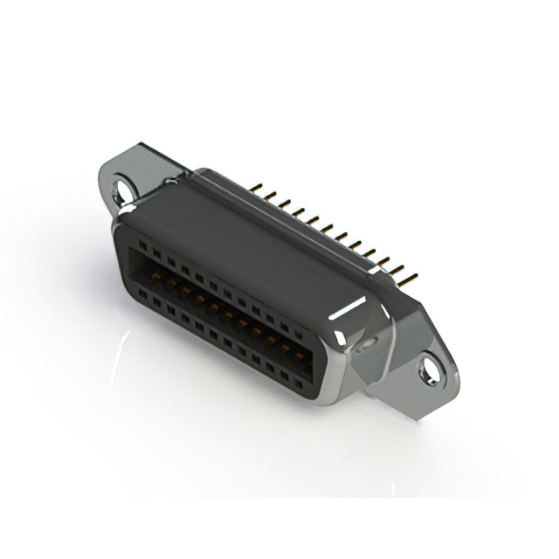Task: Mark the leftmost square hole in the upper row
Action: coord(144,247)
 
